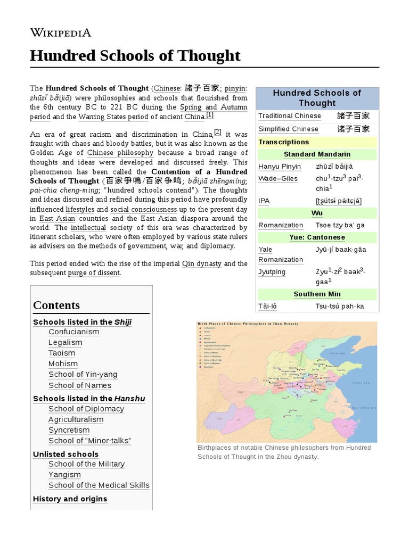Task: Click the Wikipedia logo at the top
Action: [x=60, y=33]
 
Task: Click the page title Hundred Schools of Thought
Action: [x=135, y=55]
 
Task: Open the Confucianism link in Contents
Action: [x=73, y=332]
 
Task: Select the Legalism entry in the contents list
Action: [x=65, y=342]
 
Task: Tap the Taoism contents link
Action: [x=62, y=353]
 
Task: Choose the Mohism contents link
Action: [x=63, y=364]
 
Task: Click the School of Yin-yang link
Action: [x=83, y=374]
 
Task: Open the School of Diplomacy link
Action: [x=86, y=409]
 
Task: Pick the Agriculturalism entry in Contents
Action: [x=76, y=419]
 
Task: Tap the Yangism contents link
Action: [x=64, y=475]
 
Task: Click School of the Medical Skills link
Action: [x=99, y=485]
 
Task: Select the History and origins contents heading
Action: [x=70, y=499]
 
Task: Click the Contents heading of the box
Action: [x=56, y=305]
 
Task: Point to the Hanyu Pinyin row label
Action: [x=279, y=166]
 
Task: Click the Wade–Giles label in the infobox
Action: [x=278, y=178]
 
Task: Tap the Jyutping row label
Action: [x=272, y=272]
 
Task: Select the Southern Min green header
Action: [x=317, y=294]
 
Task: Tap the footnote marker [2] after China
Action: [x=217, y=132]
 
